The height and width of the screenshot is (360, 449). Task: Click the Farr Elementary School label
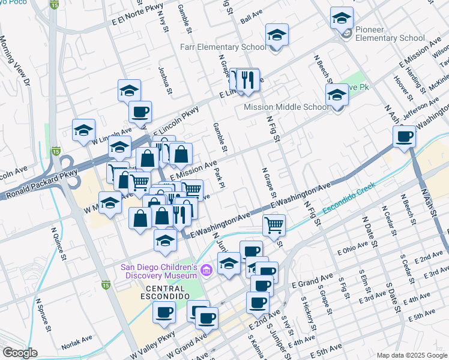click(223, 47)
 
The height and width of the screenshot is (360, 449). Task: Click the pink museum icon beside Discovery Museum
click(206, 271)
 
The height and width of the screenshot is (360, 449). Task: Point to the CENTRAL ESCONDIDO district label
click(154, 292)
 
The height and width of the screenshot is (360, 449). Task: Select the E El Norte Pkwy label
click(138, 22)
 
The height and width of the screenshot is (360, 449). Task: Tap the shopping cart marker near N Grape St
click(274, 225)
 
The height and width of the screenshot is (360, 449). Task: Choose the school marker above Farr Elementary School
click(277, 35)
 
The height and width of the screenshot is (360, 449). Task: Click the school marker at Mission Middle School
click(337, 95)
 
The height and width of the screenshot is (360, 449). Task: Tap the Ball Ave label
click(252, 19)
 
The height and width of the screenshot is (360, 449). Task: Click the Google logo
click(20, 352)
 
